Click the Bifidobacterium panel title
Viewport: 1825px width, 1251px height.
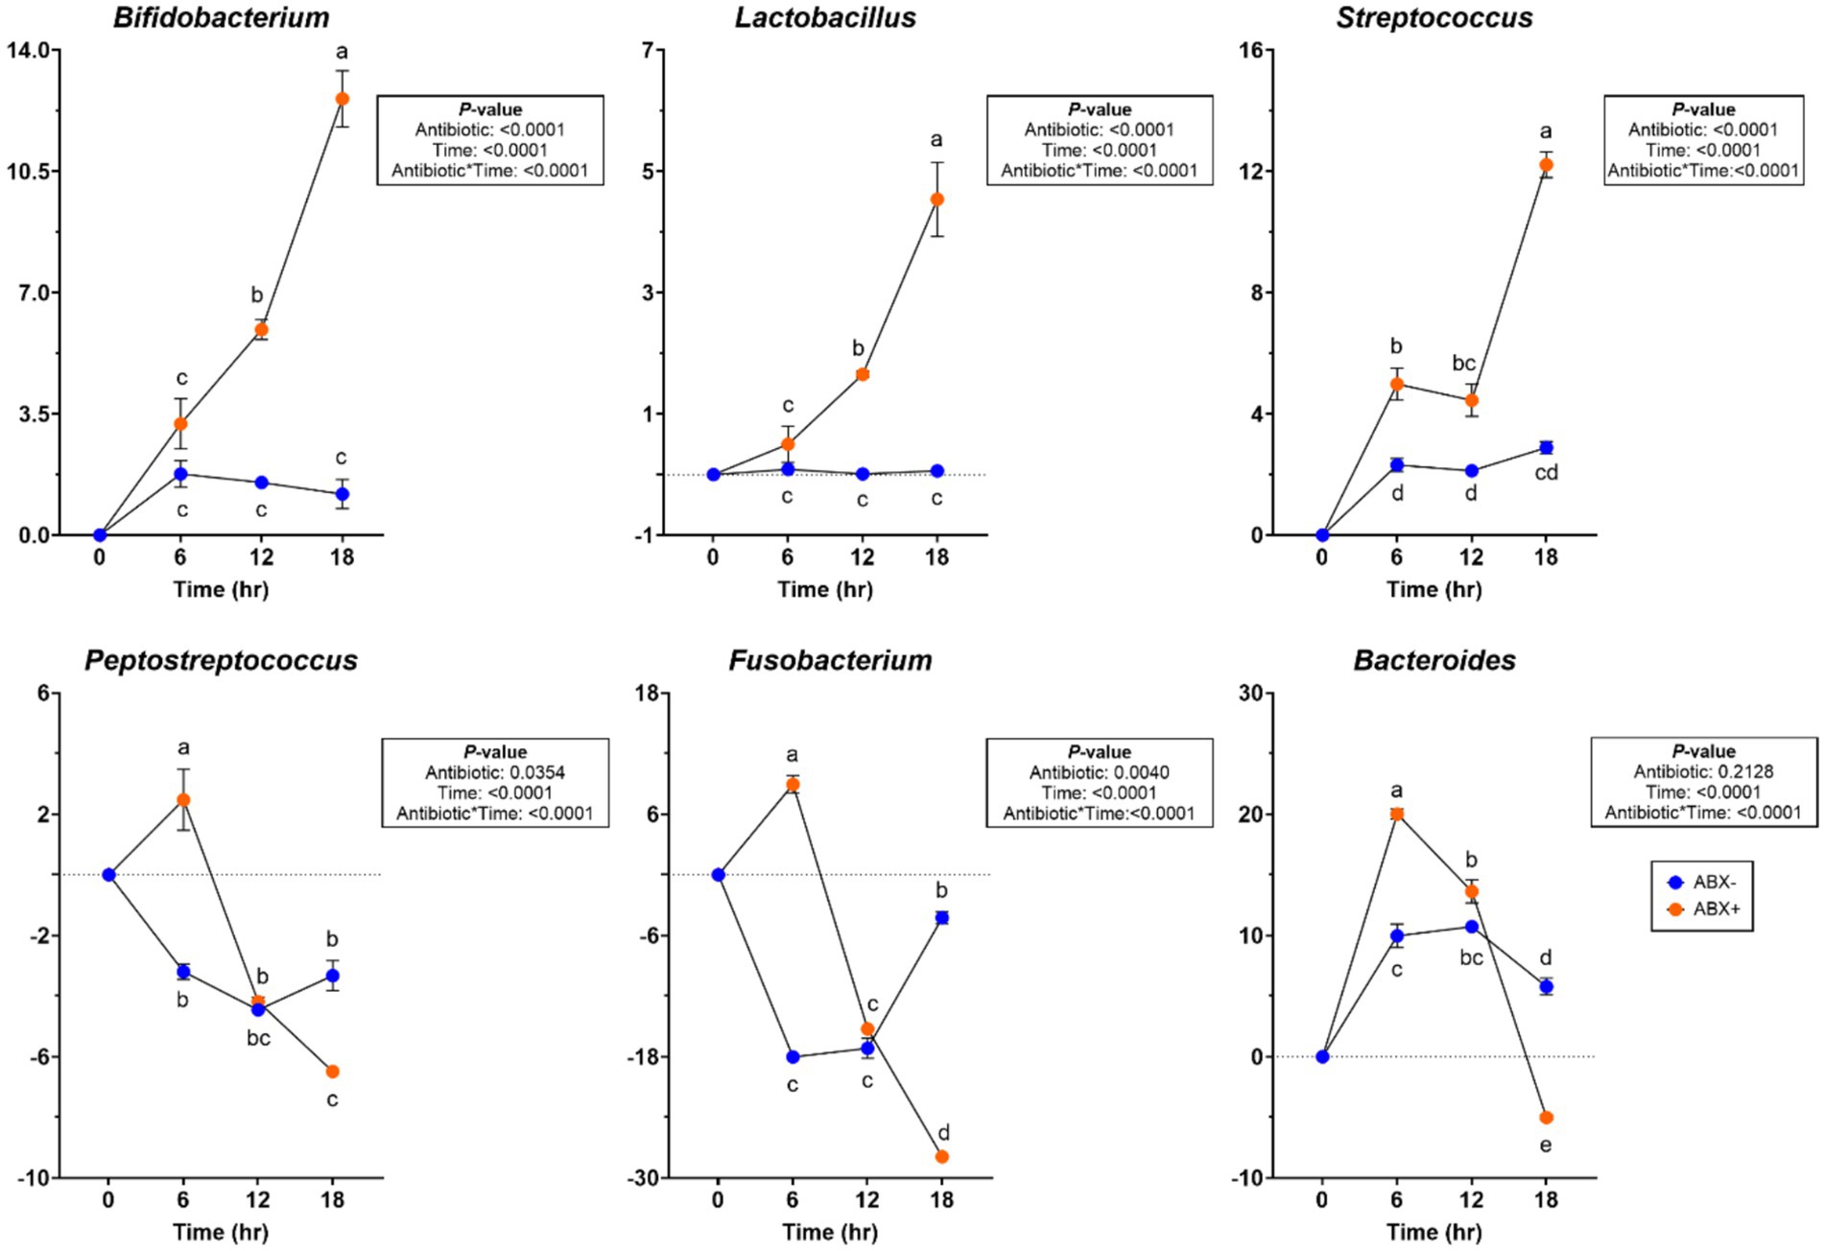point(221,18)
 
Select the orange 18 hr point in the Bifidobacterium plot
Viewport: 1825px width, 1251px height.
point(342,99)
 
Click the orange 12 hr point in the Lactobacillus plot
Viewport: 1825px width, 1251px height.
point(863,374)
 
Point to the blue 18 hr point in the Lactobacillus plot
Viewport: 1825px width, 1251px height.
point(936,471)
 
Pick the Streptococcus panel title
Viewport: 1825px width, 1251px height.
point(1434,18)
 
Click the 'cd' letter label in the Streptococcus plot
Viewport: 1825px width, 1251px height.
point(1546,473)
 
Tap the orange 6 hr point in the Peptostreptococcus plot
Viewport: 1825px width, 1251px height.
point(183,800)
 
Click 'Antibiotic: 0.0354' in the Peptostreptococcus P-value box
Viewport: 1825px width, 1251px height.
point(495,772)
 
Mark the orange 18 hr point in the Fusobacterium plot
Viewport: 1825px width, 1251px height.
point(941,1157)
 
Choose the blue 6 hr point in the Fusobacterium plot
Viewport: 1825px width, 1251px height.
point(793,1057)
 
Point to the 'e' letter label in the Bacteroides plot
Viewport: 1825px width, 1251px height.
point(1545,1145)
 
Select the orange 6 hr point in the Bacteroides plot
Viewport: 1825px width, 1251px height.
point(1396,814)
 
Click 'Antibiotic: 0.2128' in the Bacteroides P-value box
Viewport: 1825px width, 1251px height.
point(1703,771)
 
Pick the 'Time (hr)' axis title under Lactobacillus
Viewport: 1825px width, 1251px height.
point(825,589)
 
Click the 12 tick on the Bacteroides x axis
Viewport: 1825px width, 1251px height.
point(1471,1200)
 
